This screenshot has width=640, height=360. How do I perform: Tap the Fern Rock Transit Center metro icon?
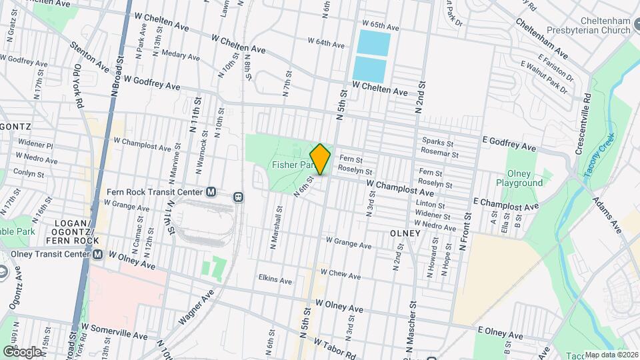coord(211,192)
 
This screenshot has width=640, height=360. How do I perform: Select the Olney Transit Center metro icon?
coord(98,254)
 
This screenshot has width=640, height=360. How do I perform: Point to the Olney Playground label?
coord(519,177)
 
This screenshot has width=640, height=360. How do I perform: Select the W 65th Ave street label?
coord(380,27)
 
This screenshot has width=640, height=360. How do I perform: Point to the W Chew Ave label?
coord(341,274)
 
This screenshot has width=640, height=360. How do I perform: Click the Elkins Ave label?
coord(275,281)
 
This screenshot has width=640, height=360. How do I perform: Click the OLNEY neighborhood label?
coord(405,233)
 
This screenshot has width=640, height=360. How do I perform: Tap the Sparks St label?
coord(438,142)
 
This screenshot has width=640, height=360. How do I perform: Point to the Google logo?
coord(21,351)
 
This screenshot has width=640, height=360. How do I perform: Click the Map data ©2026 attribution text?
coord(611,355)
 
